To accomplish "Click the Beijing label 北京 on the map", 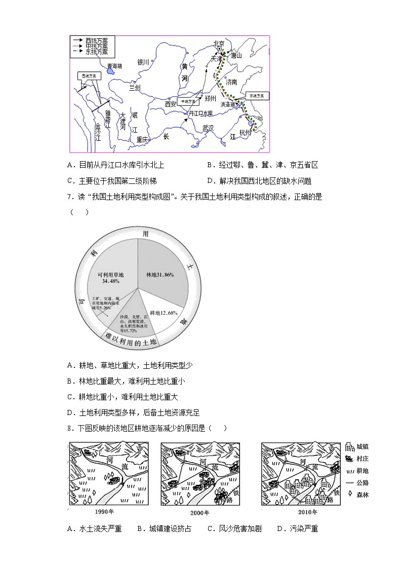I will [x=219, y=44].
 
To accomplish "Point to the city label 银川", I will [x=143, y=62].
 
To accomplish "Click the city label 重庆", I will [x=142, y=139].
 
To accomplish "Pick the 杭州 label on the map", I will [x=245, y=132].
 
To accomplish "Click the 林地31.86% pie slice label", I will [x=160, y=275].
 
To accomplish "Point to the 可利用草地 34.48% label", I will [x=113, y=277].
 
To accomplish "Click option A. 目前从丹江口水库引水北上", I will [x=115, y=165].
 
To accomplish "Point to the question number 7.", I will [x=69, y=197].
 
